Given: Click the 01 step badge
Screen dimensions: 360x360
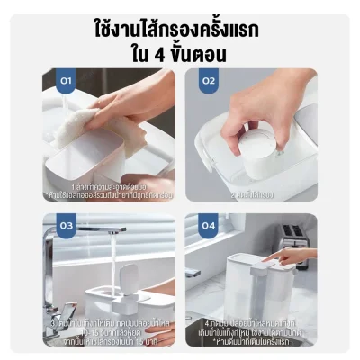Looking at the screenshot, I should [x=65, y=81].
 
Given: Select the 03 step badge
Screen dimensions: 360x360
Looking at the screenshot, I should [x=65, y=226].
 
